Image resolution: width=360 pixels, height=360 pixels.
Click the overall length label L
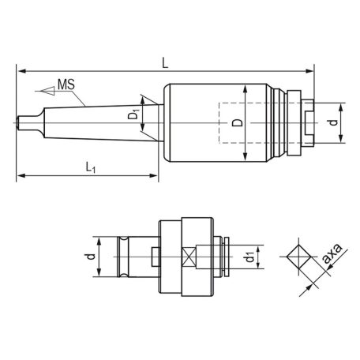coord(163,61)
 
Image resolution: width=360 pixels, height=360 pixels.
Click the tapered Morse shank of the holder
coord(87,122)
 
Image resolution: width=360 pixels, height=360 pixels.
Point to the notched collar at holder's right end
coord(303,122)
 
